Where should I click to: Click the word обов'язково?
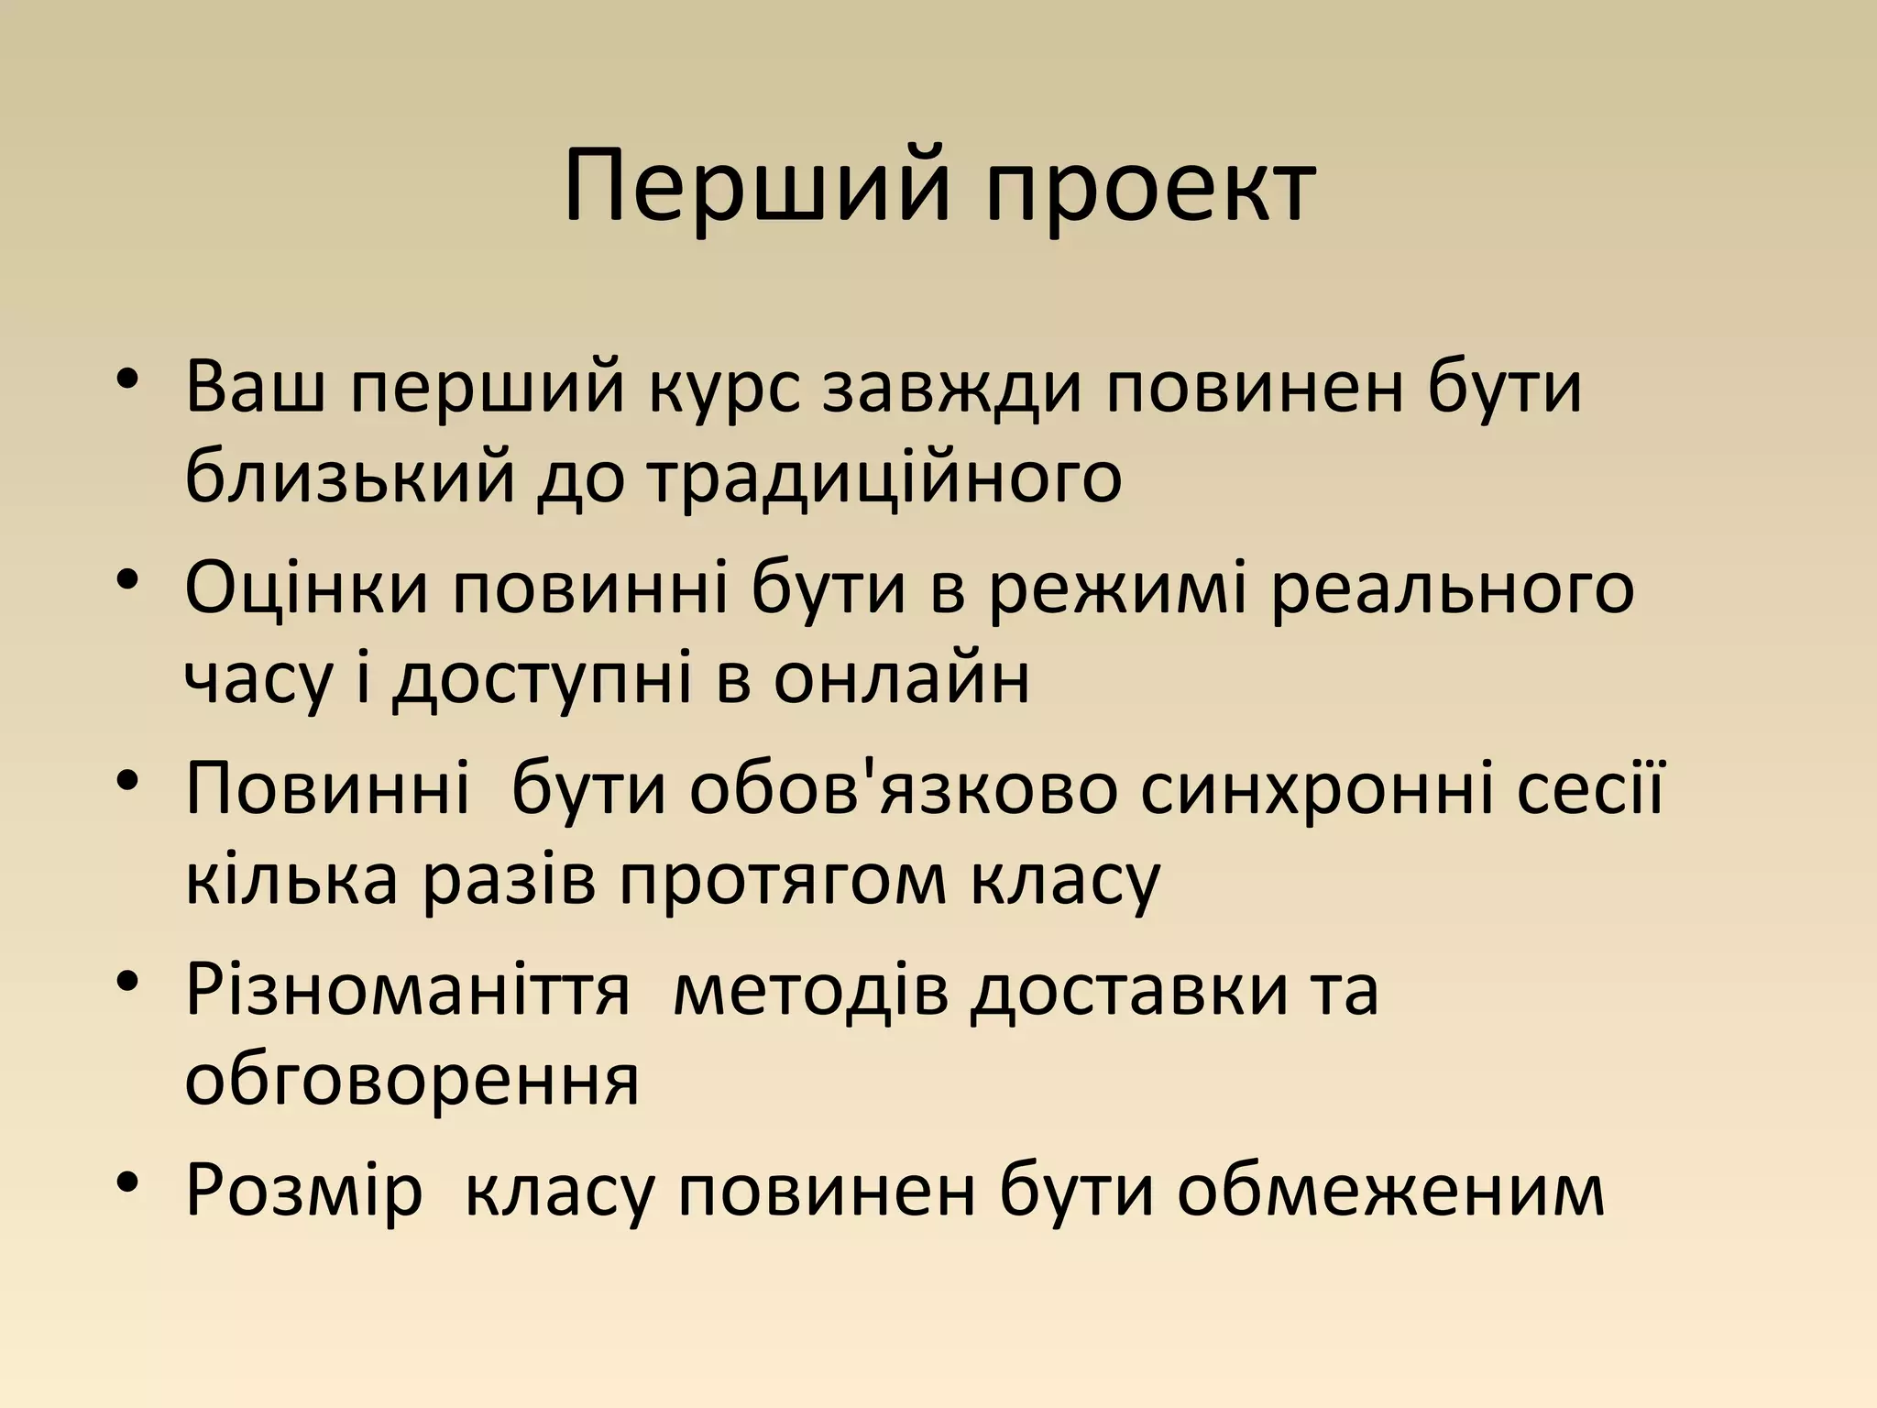point(904,790)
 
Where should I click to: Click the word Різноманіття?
point(408,992)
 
